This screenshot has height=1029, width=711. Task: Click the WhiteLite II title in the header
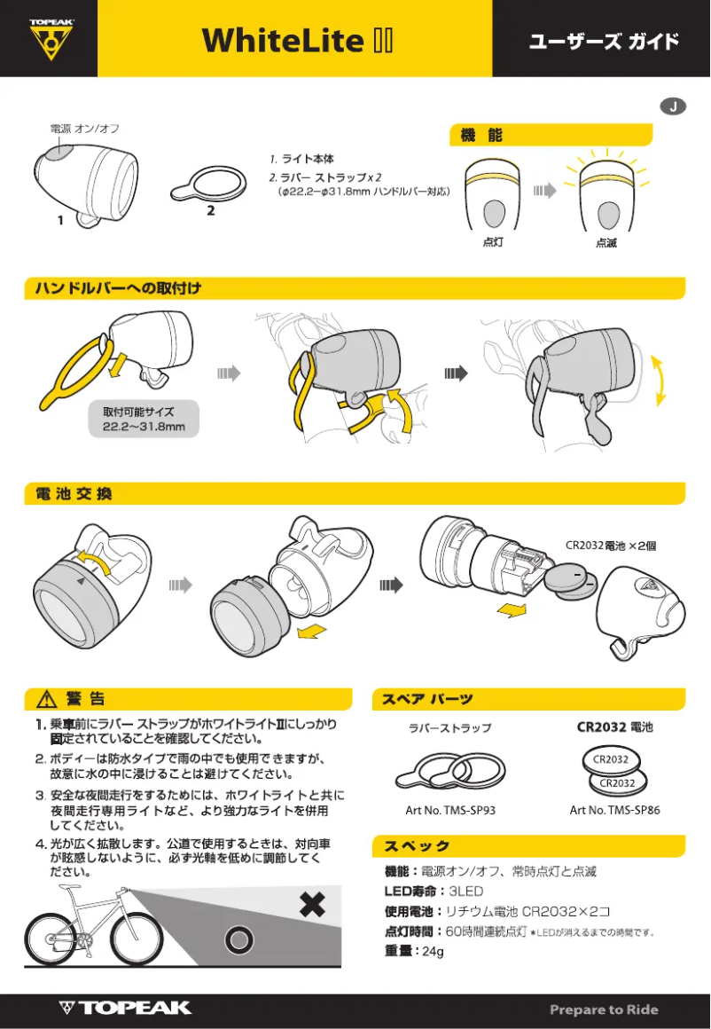(297, 40)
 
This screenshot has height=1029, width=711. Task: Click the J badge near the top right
(674, 106)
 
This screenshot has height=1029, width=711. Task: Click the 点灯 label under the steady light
(493, 242)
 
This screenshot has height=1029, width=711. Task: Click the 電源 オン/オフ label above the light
(85, 129)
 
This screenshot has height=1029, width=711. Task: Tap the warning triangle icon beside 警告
(44, 700)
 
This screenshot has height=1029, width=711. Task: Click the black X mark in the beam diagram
(312, 905)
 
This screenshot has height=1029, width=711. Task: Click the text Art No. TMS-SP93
(449, 809)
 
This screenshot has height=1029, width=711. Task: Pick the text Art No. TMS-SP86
(614, 809)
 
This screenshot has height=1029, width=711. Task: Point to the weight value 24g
(433, 951)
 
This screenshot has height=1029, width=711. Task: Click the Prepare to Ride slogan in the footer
(604, 1009)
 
